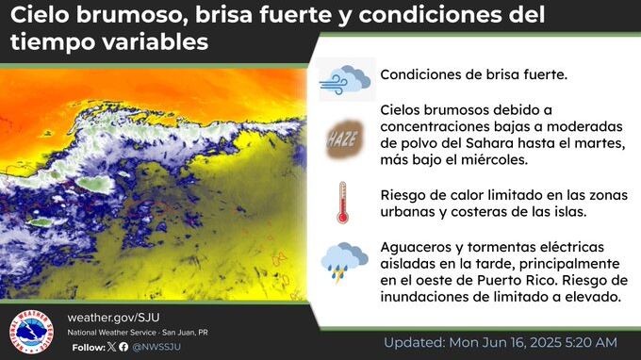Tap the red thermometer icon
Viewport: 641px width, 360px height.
(x=342, y=202)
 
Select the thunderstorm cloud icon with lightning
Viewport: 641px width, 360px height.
(x=344, y=262)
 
